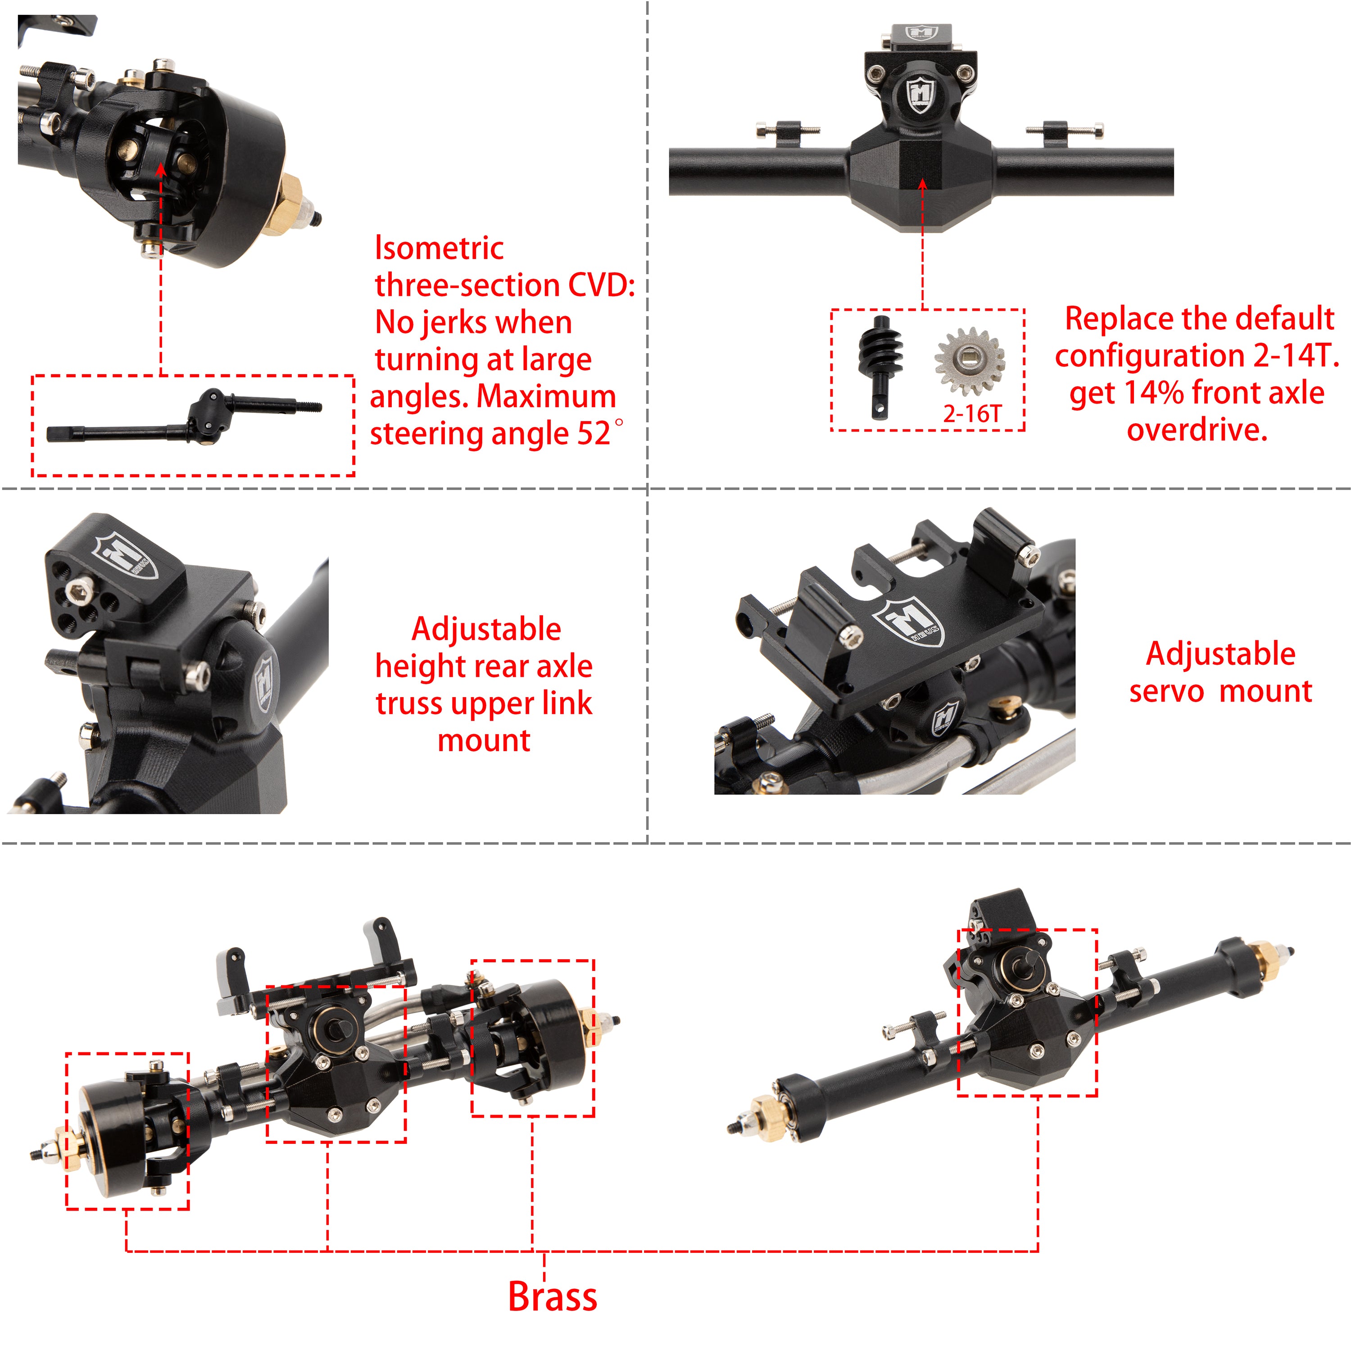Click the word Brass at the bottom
553,1297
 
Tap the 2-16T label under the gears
972,414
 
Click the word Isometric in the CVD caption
439,248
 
